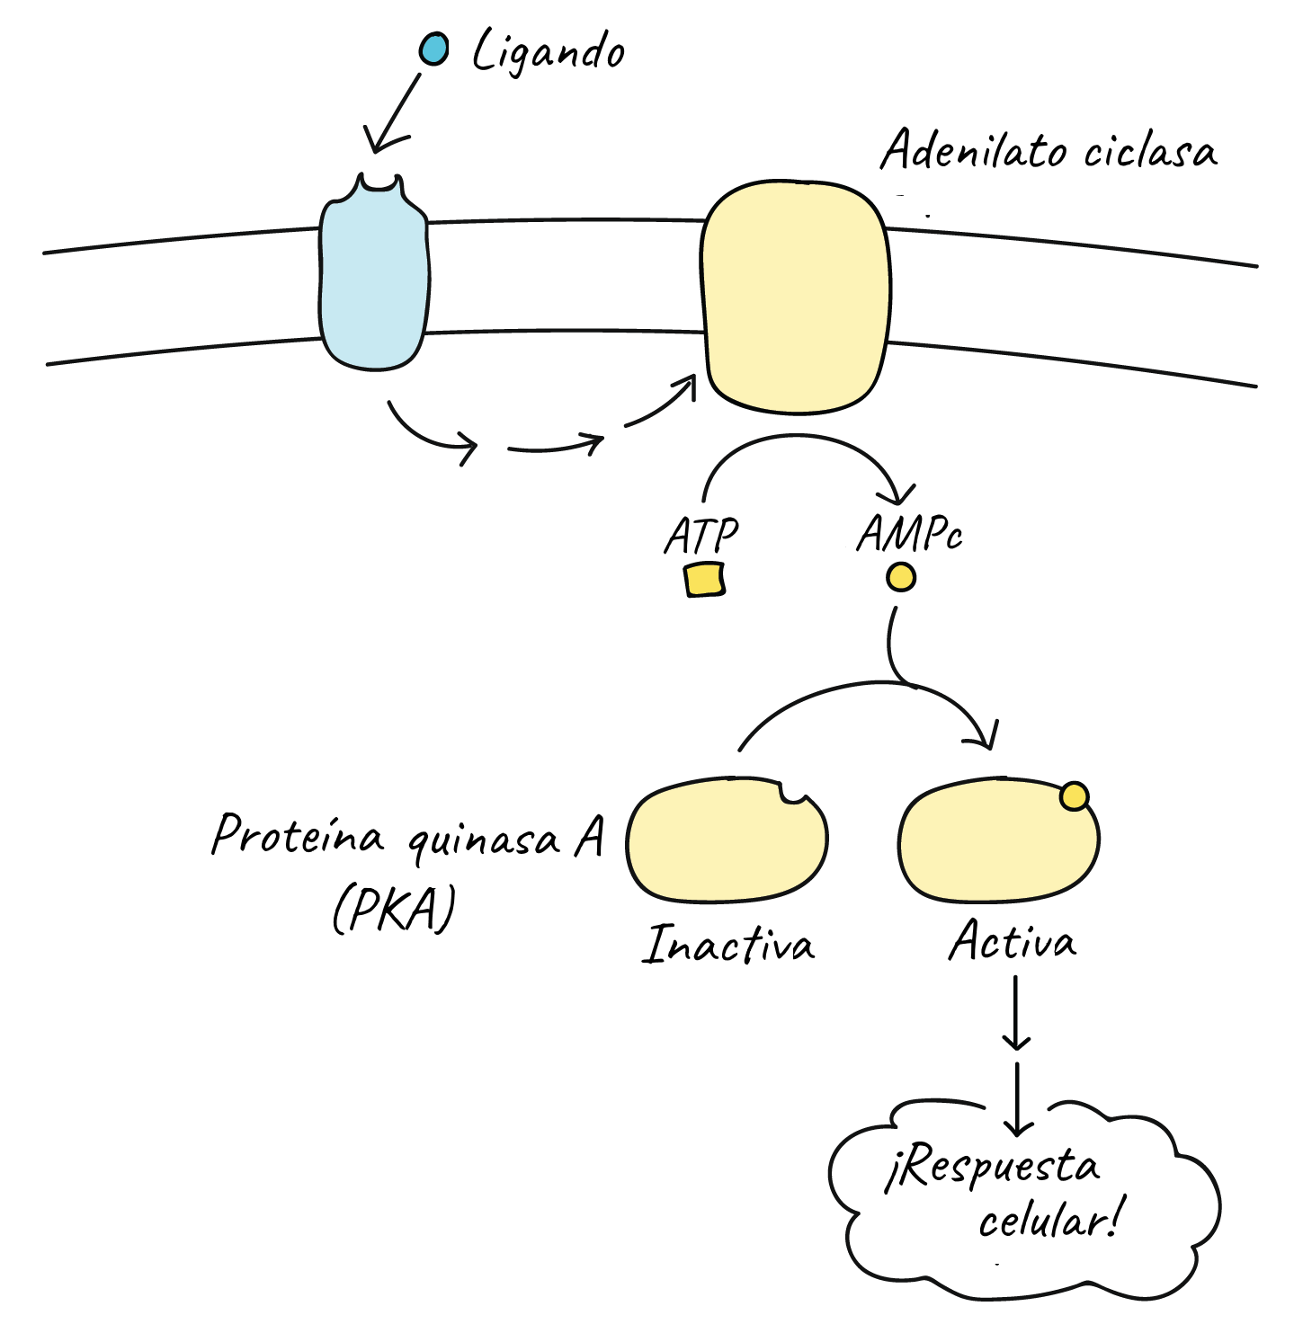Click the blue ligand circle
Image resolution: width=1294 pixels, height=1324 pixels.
pos(434,49)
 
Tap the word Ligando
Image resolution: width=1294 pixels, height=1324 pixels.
pos(549,52)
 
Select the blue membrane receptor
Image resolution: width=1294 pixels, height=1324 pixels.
pos(374,279)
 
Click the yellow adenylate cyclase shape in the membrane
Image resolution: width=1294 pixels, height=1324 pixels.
pos(796,297)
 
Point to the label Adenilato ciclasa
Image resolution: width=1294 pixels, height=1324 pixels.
pos(1049,151)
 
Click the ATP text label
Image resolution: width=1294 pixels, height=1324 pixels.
pos(701,537)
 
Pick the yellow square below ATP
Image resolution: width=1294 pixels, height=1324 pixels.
pos(704,580)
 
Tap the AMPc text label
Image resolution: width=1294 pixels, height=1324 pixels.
pos(909,535)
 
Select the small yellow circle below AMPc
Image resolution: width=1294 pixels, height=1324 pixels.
pos(901,577)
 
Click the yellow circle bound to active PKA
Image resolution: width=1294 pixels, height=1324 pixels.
pos(1075,796)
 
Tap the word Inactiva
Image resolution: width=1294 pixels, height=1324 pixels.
pos(728,946)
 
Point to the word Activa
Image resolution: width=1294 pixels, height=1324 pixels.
pos(1013,942)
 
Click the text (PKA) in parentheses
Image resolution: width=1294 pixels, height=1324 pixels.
pos(394,910)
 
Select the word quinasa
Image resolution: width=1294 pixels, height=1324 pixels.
pos(484,840)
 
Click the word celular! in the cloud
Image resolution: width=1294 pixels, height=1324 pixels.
pos(1049,1221)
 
